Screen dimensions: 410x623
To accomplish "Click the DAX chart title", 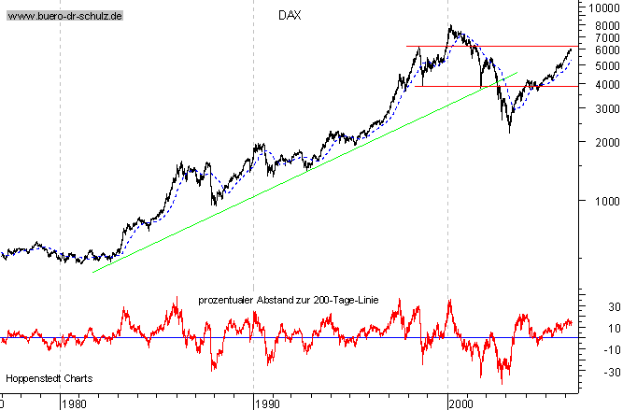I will point(290,16).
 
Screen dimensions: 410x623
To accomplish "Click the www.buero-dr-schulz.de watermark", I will point(64,17).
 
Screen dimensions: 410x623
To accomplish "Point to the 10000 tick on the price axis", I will point(600,7).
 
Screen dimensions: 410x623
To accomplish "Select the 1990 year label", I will point(265,403).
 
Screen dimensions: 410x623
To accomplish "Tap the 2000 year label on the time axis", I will point(460,403).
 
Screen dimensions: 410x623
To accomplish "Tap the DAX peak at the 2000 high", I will point(451,25).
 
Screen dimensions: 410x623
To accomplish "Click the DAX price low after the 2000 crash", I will point(509,132).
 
